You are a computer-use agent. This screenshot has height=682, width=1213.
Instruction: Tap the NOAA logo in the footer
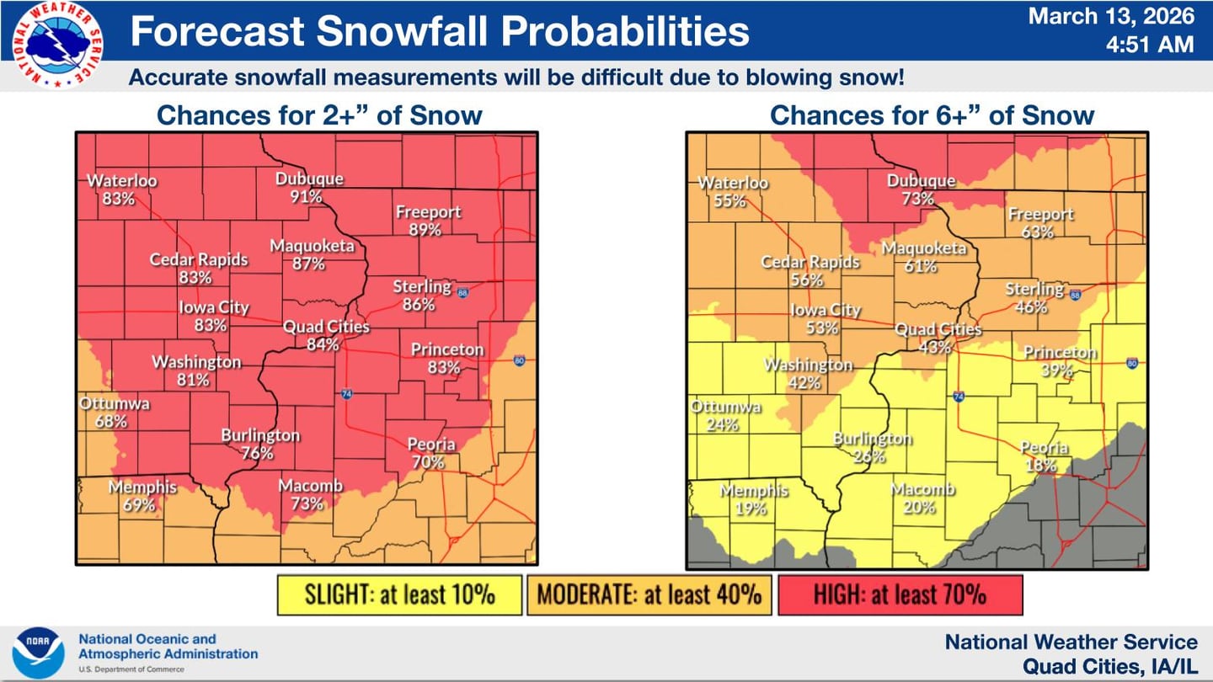click(x=38, y=653)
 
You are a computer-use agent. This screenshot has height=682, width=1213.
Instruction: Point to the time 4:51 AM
click(x=1149, y=44)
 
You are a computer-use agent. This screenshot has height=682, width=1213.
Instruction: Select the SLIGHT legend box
click(x=399, y=595)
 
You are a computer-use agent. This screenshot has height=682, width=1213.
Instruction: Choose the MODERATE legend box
click(x=649, y=595)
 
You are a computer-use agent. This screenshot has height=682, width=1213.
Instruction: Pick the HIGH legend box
click(x=899, y=595)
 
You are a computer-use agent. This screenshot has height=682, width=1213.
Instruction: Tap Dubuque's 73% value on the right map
click(x=918, y=200)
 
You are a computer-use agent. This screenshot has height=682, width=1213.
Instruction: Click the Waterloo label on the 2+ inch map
click(x=122, y=180)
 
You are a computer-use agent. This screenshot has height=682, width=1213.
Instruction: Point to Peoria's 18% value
click(x=1041, y=466)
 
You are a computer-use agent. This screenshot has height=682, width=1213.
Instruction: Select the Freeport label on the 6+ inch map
click(x=1041, y=214)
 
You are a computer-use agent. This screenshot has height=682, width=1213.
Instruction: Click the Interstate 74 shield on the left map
click(x=346, y=393)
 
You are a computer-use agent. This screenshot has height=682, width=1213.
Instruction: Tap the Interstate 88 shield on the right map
click(x=1075, y=294)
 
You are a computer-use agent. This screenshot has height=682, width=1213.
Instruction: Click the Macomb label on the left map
click(x=311, y=486)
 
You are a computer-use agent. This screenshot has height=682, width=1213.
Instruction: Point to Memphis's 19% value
click(x=750, y=509)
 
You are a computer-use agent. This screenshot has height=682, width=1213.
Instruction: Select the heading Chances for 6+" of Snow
click(x=932, y=115)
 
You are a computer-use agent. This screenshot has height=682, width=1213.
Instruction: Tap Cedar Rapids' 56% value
click(x=807, y=280)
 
